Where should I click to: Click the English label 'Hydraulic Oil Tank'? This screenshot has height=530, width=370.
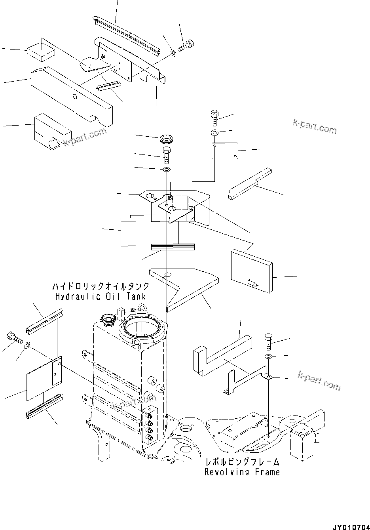(101, 296)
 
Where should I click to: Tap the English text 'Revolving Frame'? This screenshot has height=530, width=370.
(242, 472)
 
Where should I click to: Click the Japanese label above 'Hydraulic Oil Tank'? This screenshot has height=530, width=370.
(101, 286)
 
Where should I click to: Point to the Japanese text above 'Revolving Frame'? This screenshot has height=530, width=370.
(242, 462)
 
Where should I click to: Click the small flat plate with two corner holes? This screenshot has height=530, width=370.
(224, 151)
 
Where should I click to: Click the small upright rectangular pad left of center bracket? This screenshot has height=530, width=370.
(129, 232)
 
